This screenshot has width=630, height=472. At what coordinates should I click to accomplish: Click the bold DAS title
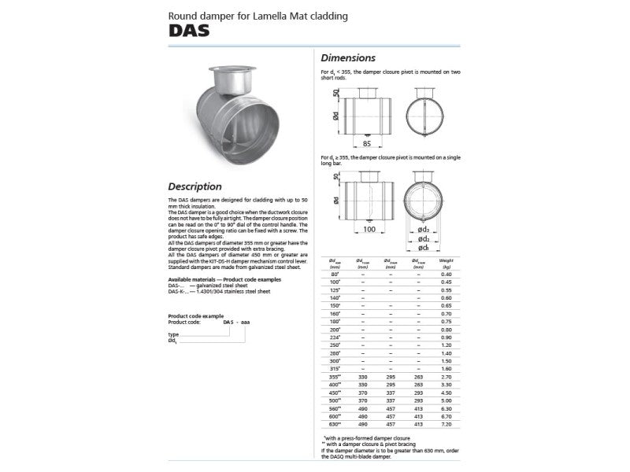(188, 31)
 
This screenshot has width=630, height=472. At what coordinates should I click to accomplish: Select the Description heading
(195, 187)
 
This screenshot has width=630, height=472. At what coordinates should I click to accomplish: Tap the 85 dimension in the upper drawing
(366, 143)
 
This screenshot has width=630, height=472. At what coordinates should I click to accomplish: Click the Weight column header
(447, 260)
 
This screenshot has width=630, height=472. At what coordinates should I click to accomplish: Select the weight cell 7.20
(447, 423)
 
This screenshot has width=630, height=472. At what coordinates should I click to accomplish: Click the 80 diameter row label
(334, 273)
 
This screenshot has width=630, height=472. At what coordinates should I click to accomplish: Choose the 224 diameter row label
(334, 337)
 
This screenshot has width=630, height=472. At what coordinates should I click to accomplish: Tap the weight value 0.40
(447, 273)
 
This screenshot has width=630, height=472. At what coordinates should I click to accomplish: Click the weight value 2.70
(447, 376)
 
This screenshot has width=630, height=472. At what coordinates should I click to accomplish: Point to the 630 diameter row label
(334, 423)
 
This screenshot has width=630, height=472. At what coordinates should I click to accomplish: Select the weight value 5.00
(447, 400)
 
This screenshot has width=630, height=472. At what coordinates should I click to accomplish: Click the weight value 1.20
(447, 345)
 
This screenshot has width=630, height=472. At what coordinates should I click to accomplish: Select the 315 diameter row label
(334, 368)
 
